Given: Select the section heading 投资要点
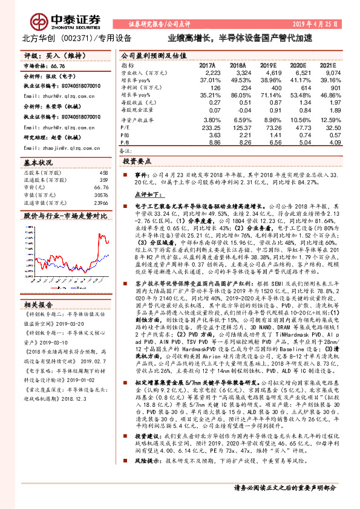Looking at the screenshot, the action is pos(137,162).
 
